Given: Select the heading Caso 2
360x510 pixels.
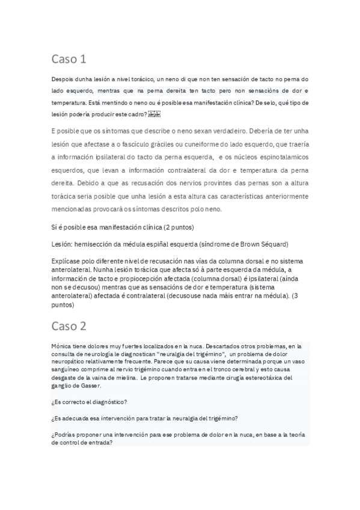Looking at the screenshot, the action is pos(69,327).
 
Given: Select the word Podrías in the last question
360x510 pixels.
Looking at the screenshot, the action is pos(66,435).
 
